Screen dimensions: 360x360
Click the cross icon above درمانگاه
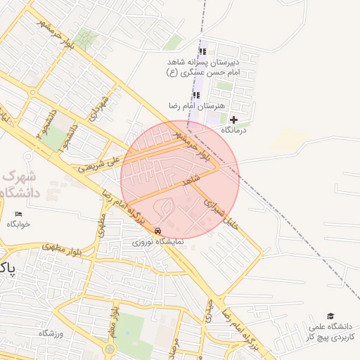pos(233,120)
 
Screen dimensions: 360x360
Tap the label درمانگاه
pos(236,130)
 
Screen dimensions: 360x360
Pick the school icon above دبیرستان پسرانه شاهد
pos(202,51)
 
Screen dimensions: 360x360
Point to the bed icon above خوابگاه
pos(19,214)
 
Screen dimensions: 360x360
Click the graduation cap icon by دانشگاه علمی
pos(330,316)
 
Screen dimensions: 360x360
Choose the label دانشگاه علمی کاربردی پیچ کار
pos(332,332)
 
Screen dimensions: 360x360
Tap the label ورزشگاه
pos(51,333)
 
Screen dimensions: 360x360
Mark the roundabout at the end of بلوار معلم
pos(110,349)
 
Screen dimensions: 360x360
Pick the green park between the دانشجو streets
pos(53,138)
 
